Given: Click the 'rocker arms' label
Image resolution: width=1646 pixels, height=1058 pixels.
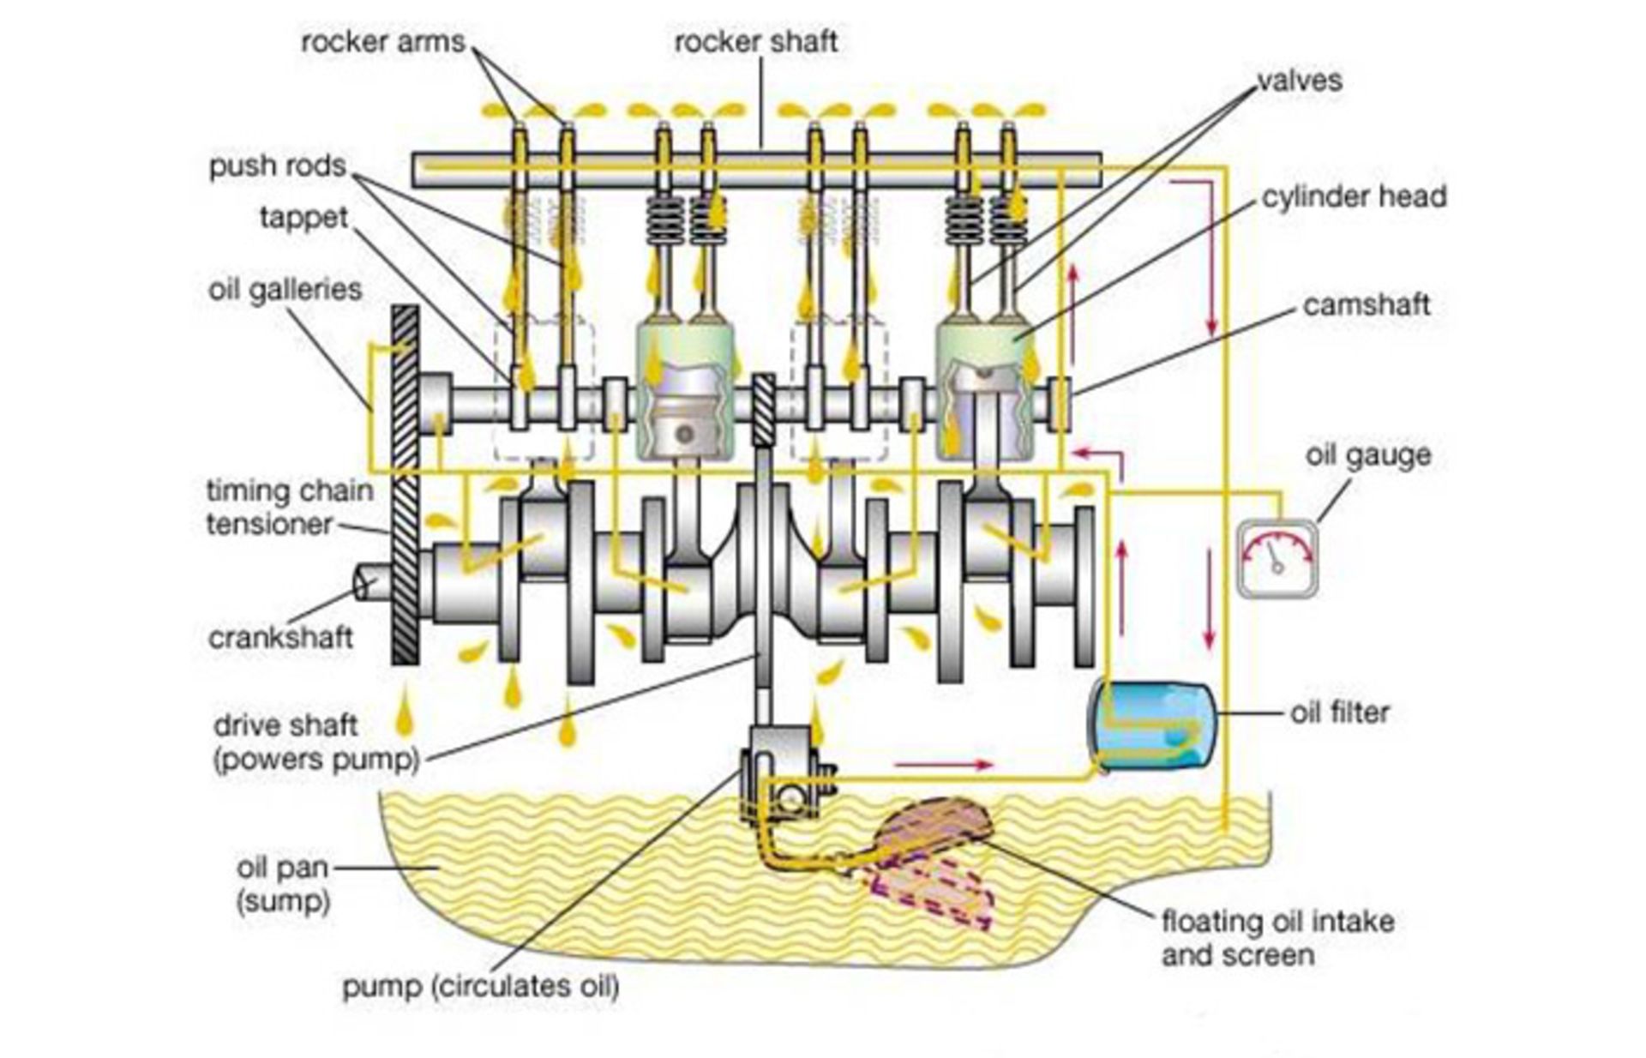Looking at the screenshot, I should (382, 41).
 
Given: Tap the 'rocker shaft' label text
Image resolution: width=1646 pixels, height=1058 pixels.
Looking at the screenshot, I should (755, 41).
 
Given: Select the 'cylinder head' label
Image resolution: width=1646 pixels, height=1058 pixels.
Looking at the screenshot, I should (1354, 197).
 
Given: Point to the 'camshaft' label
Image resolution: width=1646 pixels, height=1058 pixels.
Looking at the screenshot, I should (1366, 305).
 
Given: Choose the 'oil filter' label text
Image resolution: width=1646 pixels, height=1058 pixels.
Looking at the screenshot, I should (1339, 712).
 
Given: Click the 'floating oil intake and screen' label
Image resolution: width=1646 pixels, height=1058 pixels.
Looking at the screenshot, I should (1277, 938).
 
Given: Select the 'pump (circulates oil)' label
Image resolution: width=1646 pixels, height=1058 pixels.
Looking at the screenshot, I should (480, 986).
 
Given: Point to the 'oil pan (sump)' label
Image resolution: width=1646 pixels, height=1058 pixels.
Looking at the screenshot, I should (283, 884).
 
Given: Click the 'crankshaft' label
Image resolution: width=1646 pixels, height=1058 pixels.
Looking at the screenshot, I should (280, 638).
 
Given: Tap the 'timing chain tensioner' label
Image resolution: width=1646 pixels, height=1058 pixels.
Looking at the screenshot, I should (290, 508).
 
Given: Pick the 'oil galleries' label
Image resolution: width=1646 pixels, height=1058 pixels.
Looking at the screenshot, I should (285, 289).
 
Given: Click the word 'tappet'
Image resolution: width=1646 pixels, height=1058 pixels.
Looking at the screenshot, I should (303, 218).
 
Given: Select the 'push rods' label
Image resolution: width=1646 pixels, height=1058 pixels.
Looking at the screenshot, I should (277, 165).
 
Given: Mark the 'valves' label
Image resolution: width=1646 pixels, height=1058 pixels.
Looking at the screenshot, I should (1299, 81).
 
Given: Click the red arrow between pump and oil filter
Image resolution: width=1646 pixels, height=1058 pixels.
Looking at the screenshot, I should (943, 763).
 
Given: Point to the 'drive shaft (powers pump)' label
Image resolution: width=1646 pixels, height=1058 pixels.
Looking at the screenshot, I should (315, 742).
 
